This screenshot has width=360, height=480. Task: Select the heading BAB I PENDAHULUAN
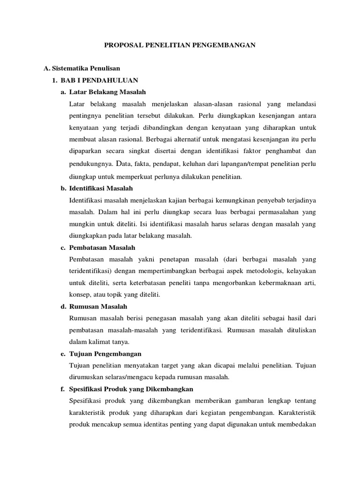99,80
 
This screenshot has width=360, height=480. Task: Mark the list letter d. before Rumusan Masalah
63,307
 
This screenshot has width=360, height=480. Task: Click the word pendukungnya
90,165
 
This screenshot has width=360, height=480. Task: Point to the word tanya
119,342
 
